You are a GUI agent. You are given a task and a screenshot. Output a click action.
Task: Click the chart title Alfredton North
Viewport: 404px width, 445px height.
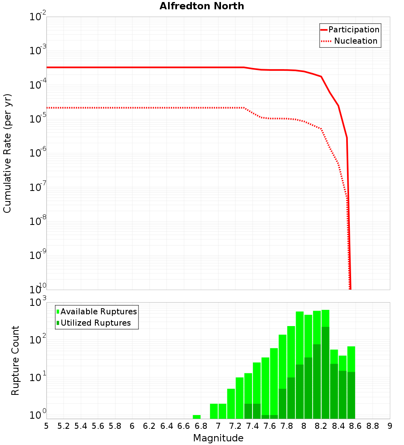click(202, 6)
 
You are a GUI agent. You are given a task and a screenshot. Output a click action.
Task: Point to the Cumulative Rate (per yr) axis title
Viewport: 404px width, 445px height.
click(7, 153)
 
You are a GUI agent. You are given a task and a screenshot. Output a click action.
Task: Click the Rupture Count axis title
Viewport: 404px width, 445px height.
click(15, 360)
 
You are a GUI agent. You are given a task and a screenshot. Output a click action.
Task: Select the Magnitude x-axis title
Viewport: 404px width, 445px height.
click(218, 438)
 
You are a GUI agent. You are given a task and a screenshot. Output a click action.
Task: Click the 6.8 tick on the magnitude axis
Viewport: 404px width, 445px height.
click(201, 426)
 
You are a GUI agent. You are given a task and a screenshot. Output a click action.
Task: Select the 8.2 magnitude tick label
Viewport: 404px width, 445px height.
click(321, 426)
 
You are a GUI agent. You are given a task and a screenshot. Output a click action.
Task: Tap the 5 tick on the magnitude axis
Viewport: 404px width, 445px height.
click(46, 426)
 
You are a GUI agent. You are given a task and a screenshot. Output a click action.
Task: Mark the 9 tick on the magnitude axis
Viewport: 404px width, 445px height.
click(390, 426)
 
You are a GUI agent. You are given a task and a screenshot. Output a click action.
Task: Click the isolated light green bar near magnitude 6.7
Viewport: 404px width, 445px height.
click(197, 417)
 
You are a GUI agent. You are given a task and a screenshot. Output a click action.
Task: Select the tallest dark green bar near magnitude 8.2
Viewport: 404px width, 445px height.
click(326, 372)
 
